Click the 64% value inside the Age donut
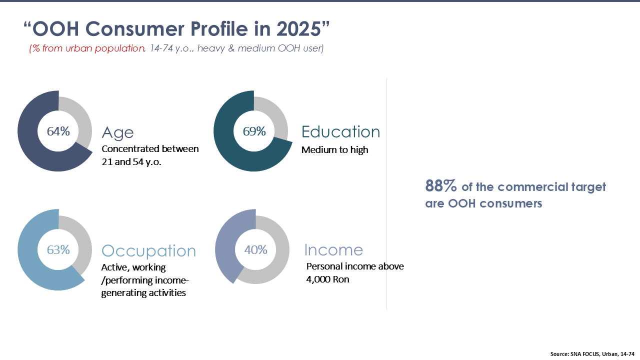[x=58, y=131]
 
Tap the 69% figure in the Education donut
[x=254, y=131]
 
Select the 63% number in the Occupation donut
[x=58, y=250]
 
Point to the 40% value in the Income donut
[x=255, y=250]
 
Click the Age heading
[x=117, y=133]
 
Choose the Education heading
[x=341, y=131]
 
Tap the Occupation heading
[x=148, y=251]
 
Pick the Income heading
[x=333, y=250]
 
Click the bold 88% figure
[x=441, y=185]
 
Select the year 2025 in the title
[x=298, y=29]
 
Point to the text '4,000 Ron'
[x=327, y=279]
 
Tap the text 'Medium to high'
[x=335, y=150]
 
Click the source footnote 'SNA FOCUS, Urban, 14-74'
[x=602, y=354]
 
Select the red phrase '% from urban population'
[x=88, y=48]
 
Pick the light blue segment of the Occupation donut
[x=31, y=265]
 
